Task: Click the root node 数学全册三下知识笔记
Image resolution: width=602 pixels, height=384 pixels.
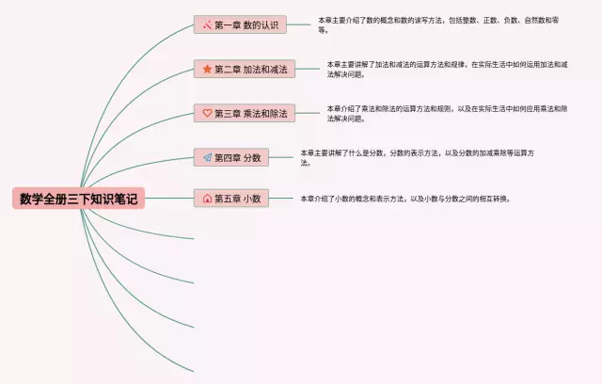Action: tap(79, 199)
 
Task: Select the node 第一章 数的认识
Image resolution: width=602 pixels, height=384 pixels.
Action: tap(240, 24)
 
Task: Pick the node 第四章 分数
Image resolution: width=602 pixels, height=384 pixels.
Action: tap(231, 157)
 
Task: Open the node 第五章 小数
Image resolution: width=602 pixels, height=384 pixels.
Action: tap(231, 199)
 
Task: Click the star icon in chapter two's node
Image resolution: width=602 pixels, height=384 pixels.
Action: tap(207, 69)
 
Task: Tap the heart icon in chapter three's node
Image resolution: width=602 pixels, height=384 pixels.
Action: tap(207, 113)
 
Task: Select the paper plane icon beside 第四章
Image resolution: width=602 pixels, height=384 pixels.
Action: tap(207, 157)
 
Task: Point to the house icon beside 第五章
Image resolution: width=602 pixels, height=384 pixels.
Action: tap(207, 199)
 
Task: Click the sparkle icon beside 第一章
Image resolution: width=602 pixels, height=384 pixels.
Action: tap(207, 24)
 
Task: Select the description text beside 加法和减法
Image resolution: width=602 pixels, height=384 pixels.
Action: tap(447, 69)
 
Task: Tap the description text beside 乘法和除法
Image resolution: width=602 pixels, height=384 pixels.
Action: tap(447, 113)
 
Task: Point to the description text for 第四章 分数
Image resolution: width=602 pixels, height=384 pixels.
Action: tap(419, 156)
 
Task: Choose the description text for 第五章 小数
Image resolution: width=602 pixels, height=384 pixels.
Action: tap(404, 199)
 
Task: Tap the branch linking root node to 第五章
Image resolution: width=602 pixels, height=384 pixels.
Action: tap(169, 199)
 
